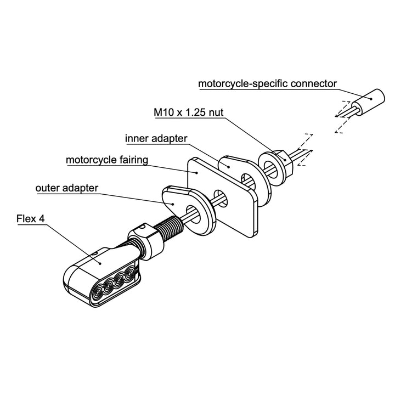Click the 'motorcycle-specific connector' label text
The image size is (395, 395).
[x=267, y=84]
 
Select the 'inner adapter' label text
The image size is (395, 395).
[x=156, y=138]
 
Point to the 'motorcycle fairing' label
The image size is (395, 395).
[x=107, y=161]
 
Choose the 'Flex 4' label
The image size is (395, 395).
[x=30, y=219]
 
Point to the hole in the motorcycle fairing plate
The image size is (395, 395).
[x=219, y=198]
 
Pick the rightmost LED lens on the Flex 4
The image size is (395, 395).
[x=129, y=273]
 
